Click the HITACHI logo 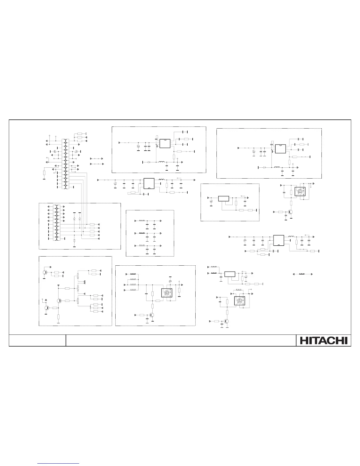click(x=324, y=340)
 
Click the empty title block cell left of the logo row click(x=37, y=340)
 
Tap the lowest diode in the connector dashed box click(x=74, y=241)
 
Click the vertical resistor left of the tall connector click(x=44, y=173)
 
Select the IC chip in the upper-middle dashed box click(x=165, y=144)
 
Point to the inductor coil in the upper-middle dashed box click(x=161, y=162)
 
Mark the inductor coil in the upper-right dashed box click(x=277, y=167)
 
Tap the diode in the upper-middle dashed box click(x=149, y=162)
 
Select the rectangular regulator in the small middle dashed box click(x=224, y=198)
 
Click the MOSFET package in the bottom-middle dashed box click(x=166, y=293)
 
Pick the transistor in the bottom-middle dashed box click(x=152, y=315)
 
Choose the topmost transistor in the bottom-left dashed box click(x=45, y=272)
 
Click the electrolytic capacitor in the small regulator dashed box click(x=211, y=202)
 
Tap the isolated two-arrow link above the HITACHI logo click(x=302, y=274)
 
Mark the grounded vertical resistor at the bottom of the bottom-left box click(x=58, y=317)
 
